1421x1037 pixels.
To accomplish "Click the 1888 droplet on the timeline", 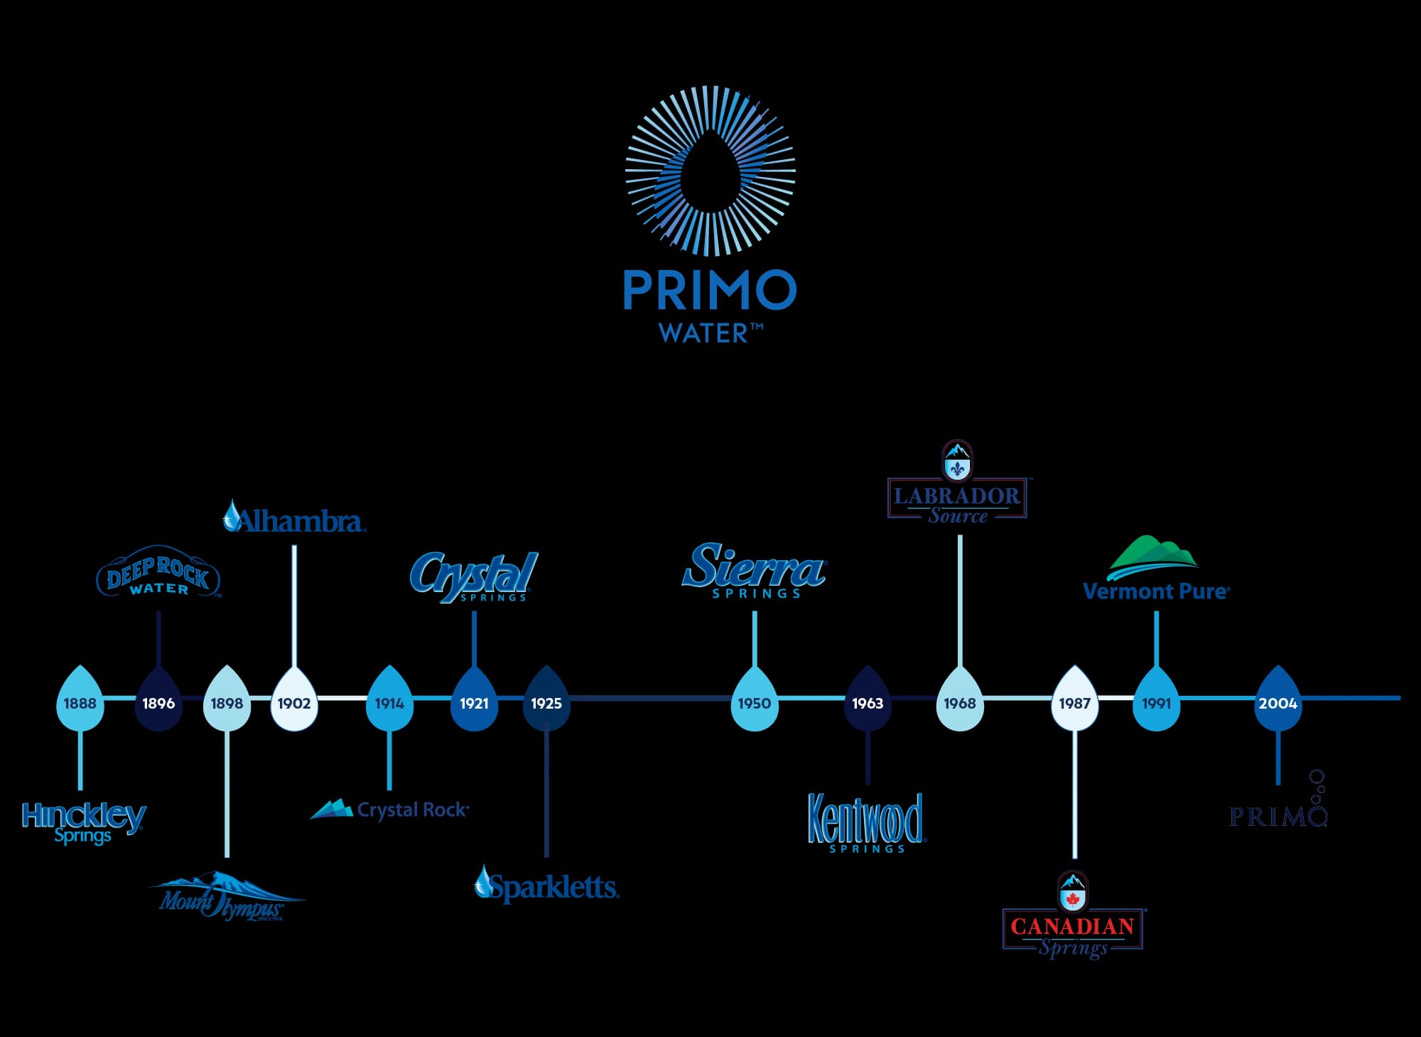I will tap(80, 702).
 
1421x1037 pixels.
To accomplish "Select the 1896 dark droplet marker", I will tap(158, 702).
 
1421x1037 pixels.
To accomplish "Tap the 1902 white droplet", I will tap(294, 702).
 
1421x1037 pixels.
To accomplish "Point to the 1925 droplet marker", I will tap(546, 702).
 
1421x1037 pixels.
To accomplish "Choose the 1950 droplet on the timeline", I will tap(754, 702).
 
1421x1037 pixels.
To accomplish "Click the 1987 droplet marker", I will tap(1074, 702).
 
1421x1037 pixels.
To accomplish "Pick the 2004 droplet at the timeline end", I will tap(1277, 702).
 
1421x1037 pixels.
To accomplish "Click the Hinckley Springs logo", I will tap(84, 822).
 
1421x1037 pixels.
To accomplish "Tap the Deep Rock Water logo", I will tap(158, 573).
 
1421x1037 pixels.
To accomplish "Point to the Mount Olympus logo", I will tap(224, 898).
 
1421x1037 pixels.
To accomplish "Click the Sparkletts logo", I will tap(547, 886).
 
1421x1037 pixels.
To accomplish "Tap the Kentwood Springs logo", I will tap(867, 822).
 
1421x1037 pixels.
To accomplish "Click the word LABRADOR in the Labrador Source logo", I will tap(957, 495).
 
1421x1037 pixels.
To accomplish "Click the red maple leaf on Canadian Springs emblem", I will tap(1073, 898).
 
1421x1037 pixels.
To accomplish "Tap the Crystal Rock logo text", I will tap(412, 810).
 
